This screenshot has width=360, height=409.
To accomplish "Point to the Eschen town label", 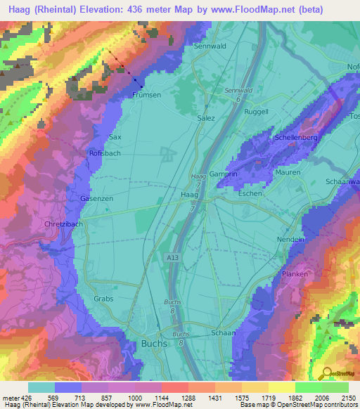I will pyautogui.click(x=250, y=193).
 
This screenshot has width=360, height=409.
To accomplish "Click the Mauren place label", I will pyautogui.click(x=288, y=172).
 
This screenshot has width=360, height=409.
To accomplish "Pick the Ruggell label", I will pyautogui.click(x=257, y=112).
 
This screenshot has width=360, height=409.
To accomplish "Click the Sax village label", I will pyautogui.click(x=115, y=137).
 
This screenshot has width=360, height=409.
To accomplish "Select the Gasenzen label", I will pyautogui.click(x=96, y=199).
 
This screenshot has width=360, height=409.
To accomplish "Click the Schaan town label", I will pyautogui.click(x=223, y=333).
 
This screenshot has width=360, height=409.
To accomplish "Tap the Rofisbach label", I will pyautogui.click(x=104, y=153).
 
